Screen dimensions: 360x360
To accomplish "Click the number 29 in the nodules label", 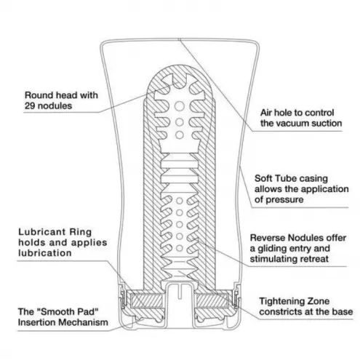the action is [31, 106].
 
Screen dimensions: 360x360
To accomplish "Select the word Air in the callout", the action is [266, 113].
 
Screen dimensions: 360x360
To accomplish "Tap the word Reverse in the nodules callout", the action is [265, 238].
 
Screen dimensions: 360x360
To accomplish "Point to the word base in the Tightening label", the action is [345, 312].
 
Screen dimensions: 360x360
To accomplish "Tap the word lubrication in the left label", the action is [45, 253].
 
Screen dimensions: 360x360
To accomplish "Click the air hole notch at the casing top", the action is [179, 39].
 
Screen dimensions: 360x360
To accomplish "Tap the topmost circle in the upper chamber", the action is [180, 106].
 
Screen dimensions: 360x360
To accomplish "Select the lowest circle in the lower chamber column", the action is [180, 248].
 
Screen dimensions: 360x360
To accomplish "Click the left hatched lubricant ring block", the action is [146, 301].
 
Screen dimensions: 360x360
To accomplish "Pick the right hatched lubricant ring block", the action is [212, 301].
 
